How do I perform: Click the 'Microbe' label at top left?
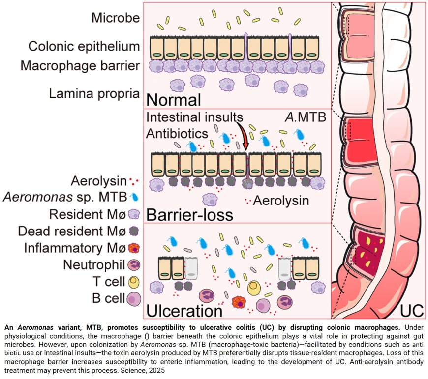click(115, 18)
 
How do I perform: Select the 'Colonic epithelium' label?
click(84, 47)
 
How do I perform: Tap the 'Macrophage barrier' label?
click(81, 66)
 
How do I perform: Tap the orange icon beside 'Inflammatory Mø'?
click(134, 248)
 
